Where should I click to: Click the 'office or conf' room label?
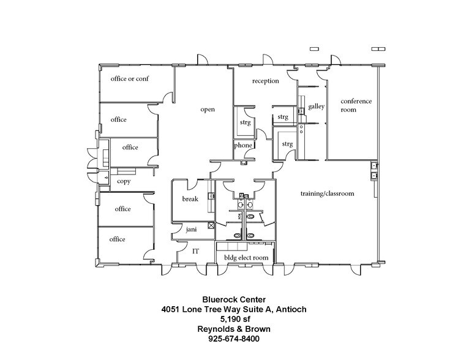[x=129, y=79]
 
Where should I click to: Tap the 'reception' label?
[x=266, y=81]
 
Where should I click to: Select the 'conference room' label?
[x=356, y=105]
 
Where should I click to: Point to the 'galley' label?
[x=316, y=106]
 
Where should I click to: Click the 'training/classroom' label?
[x=327, y=193]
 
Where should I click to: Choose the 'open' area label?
[x=207, y=110]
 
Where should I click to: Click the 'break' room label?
[x=190, y=200]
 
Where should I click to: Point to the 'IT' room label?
[x=196, y=251]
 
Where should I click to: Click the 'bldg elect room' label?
[x=246, y=258]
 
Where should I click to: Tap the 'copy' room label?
[x=124, y=181]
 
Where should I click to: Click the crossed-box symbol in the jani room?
[x=211, y=225]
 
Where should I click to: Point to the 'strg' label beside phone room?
[x=245, y=122]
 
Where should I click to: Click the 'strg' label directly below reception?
[x=282, y=116]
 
